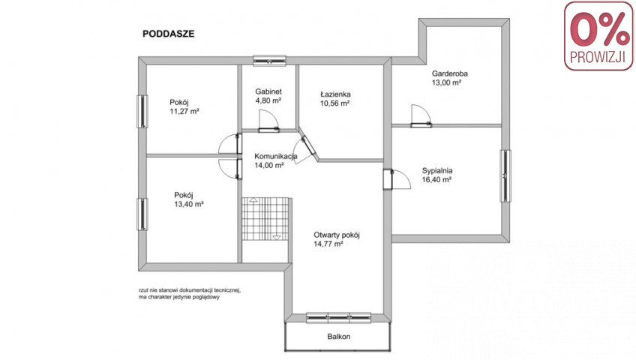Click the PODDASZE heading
pos(168,34)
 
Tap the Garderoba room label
pos(449,73)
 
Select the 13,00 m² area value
pos(446,82)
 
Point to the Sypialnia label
pos(436,171)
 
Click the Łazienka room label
pos(335,94)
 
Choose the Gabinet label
pos(268,91)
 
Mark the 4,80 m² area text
pos(268,100)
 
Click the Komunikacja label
pos(276,156)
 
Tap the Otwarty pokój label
pos(336,235)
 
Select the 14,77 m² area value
pos(328,244)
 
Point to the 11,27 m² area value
pos(184,111)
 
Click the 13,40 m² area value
pos(189,204)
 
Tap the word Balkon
pos(339,337)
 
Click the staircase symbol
pos(265,219)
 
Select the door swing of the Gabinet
pos(268,121)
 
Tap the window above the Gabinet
pos(269,61)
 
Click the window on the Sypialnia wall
pos(505,176)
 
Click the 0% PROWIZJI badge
pos(598,36)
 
